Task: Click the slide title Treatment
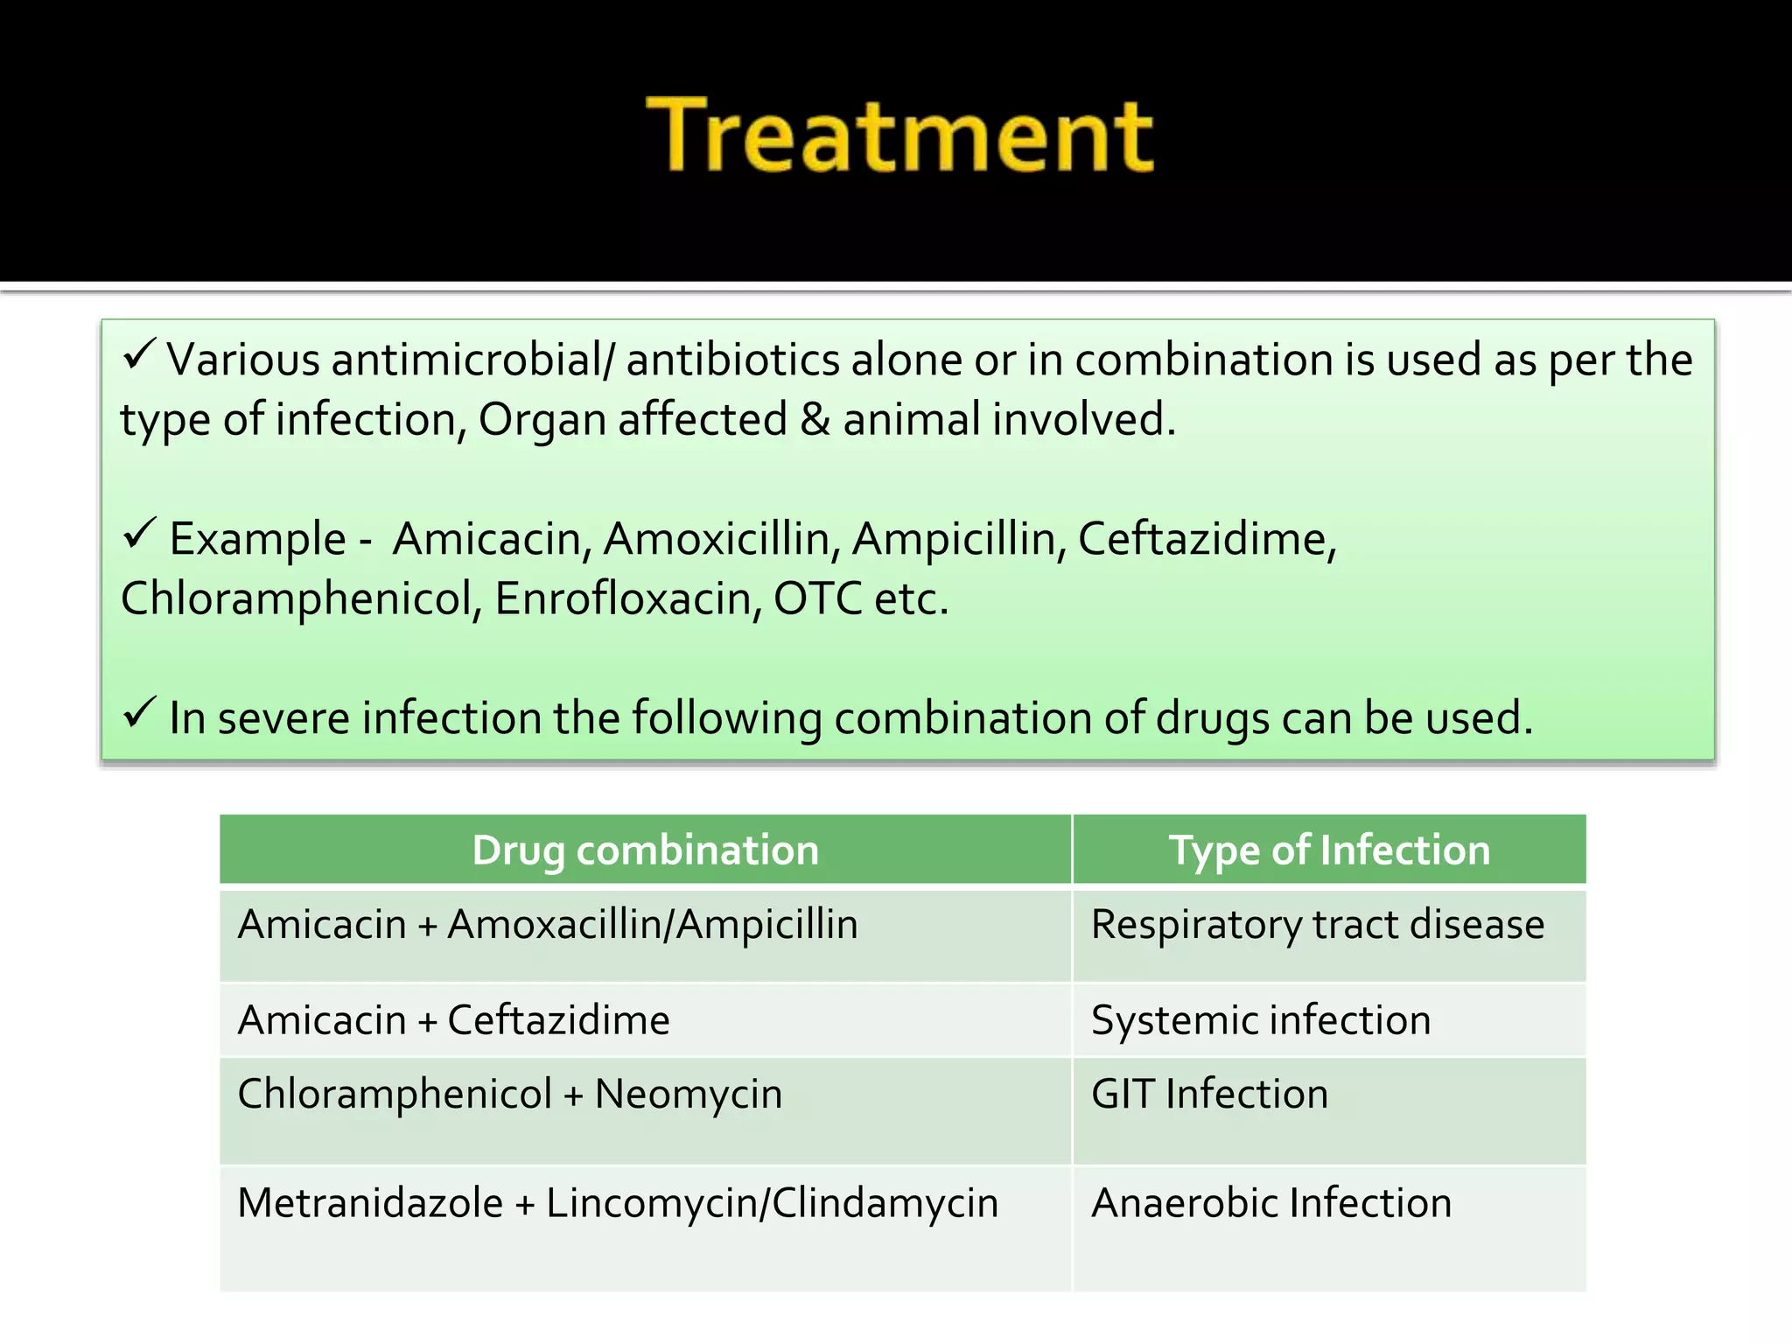pyautogui.click(x=899, y=135)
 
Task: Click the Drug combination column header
pyautogui.click(x=646, y=850)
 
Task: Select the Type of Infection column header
pyautogui.click(x=1329, y=850)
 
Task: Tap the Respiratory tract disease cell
pyautogui.click(x=1318, y=926)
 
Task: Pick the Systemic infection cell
pyautogui.click(x=1261, y=1021)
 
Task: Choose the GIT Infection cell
pyautogui.click(x=1209, y=1095)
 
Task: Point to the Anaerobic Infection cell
pyautogui.click(x=1271, y=1203)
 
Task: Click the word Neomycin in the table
pyautogui.click(x=689, y=1095)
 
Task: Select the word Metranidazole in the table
pyautogui.click(x=370, y=1203)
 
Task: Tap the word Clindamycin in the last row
pyautogui.click(x=885, y=1203)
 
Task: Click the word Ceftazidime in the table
pyautogui.click(x=558, y=1021)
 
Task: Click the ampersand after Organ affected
pyautogui.click(x=815, y=420)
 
